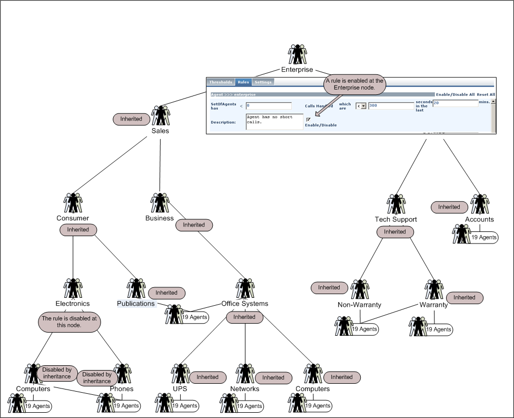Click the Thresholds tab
click(x=221, y=82)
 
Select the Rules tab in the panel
click(x=243, y=82)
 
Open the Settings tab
click(x=263, y=82)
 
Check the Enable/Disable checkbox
click(x=308, y=120)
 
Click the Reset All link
click(x=486, y=94)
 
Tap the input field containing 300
click(x=390, y=106)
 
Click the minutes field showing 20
click(x=455, y=103)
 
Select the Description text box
click(x=274, y=122)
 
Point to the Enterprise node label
click(x=297, y=70)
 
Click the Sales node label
click(x=160, y=131)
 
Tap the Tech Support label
click(x=396, y=219)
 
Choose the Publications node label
click(x=136, y=304)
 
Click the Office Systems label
click(x=244, y=304)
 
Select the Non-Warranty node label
click(x=359, y=305)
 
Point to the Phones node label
click(x=122, y=389)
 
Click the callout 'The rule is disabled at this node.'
click(x=69, y=322)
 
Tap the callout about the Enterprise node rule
click(x=354, y=84)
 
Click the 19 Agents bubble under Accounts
click(x=483, y=238)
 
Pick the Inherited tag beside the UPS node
click(x=207, y=377)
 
